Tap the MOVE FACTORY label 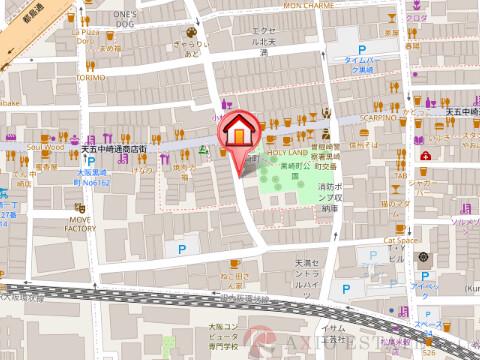[81, 223]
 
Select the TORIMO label [90, 76]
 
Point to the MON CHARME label [309, 4]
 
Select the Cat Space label [398, 240]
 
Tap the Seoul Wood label [46, 147]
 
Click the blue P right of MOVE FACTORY [181, 248]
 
